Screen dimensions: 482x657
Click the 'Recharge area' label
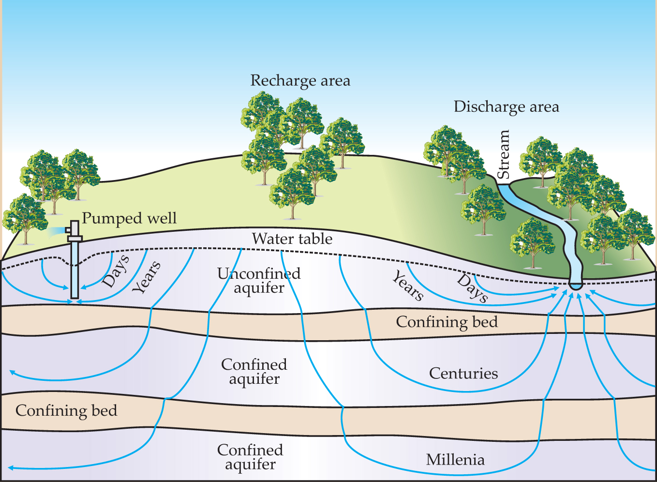pos(300,81)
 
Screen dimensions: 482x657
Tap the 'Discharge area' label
pos(506,107)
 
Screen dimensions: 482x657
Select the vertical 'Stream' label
pos(504,154)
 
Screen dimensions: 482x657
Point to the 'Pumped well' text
pos(129,218)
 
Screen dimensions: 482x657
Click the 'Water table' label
pos(292,239)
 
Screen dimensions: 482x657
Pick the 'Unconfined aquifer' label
pos(259,281)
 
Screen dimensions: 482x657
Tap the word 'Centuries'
pos(463,374)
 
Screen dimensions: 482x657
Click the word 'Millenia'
pos(455,460)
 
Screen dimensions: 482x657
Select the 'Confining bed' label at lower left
pos(66,411)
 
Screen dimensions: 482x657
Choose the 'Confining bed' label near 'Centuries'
pos(447,322)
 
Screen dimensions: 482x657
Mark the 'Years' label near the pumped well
pos(147,277)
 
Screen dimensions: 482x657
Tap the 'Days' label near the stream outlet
pos(472,288)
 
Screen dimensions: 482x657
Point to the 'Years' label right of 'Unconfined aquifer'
pos(408,286)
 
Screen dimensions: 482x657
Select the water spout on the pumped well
pos(57,231)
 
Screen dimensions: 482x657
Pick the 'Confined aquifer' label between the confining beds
pos(254,372)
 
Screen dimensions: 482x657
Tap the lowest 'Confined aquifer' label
pos(250,457)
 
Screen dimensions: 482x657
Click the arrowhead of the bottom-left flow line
pos(11,468)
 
